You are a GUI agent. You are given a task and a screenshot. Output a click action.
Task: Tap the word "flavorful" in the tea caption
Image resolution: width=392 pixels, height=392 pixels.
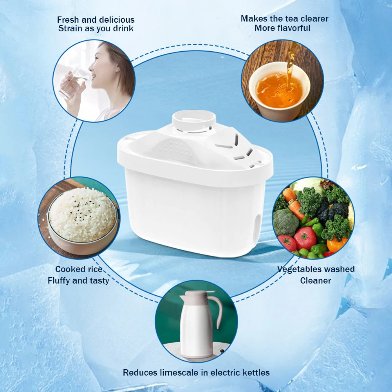click(x=292, y=28)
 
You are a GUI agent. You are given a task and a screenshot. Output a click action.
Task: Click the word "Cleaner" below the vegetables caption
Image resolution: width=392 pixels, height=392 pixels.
click(x=316, y=280)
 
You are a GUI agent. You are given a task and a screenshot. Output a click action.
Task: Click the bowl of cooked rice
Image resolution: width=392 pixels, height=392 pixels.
click(x=83, y=219)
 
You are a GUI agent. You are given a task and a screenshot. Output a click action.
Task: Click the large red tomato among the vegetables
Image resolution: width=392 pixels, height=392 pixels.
click(x=305, y=238)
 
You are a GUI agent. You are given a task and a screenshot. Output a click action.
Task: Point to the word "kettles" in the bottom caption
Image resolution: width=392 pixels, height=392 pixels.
click(x=255, y=372)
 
